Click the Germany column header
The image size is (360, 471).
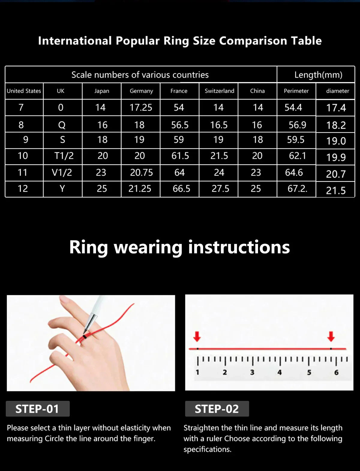pyautogui.click(x=141, y=91)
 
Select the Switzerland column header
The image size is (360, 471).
pyautogui.click(x=219, y=91)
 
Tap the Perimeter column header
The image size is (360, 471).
pyautogui.click(x=296, y=91)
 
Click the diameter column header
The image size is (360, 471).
pyautogui.click(x=337, y=91)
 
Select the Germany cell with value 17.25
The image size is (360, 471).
pyautogui.click(x=141, y=107)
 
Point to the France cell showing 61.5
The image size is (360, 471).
pyautogui.click(x=180, y=156)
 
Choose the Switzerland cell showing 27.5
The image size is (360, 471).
pyautogui.click(x=220, y=188)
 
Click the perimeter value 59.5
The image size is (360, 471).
pyautogui.click(x=295, y=139)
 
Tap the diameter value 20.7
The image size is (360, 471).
pyautogui.click(x=336, y=174)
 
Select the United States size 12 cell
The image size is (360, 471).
pyautogui.click(x=23, y=188)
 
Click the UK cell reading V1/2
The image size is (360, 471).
pyautogui.click(x=62, y=172)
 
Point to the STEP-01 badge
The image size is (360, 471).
pyautogui.click(x=37, y=409)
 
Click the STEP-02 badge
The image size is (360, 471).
pyautogui.click(x=217, y=409)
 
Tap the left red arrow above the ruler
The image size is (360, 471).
pyautogui.click(x=197, y=336)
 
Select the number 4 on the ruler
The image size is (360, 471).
pyautogui.click(x=279, y=372)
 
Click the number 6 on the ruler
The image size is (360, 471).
pyautogui.click(x=336, y=372)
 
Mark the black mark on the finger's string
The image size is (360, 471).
pyautogui.click(x=85, y=337)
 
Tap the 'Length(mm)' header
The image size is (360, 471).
pyautogui.click(x=318, y=75)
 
